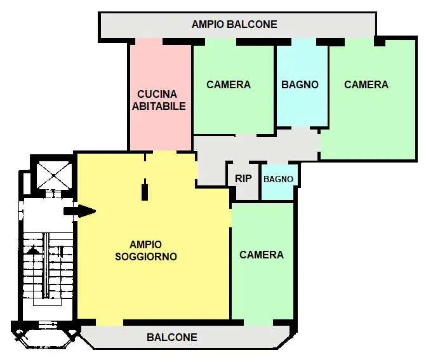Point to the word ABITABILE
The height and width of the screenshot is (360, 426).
pos(159,106)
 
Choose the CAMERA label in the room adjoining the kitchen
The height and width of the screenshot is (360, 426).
pos(229,84)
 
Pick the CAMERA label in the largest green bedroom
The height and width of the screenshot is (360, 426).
pos(366,84)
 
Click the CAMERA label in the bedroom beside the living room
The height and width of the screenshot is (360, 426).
pos(262,255)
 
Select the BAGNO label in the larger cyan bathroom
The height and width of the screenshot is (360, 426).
pos(300,84)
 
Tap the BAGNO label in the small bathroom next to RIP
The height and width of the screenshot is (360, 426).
pos(279,179)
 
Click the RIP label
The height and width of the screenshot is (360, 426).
pos(243,178)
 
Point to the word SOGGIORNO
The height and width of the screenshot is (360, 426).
pos(146,257)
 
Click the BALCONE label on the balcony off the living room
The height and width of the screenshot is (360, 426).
pos(172,337)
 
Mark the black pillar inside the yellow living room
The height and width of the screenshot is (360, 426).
pos(145,190)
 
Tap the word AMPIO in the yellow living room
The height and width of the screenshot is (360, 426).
pos(146,244)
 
